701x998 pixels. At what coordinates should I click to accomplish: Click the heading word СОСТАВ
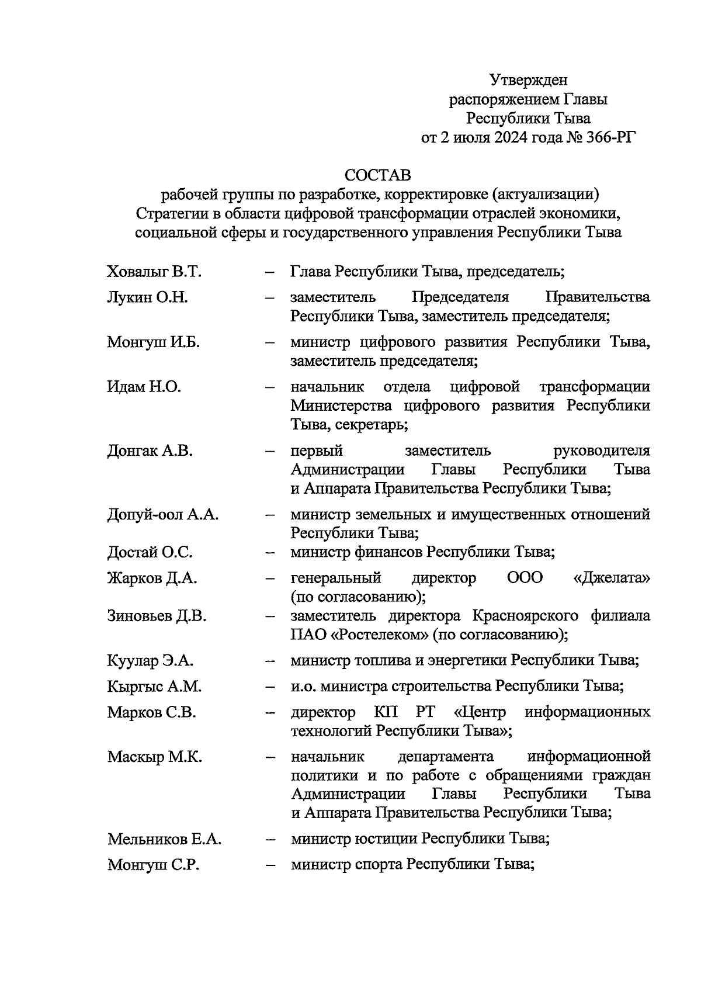[x=377, y=175]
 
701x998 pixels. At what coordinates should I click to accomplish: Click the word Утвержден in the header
[x=528, y=79]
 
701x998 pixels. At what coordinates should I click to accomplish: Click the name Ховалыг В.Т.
[x=154, y=272]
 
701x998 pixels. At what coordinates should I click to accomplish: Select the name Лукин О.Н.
[x=147, y=297]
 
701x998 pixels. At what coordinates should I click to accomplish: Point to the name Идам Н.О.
[x=144, y=387]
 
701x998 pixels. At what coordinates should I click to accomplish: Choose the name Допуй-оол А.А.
[x=163, y=515]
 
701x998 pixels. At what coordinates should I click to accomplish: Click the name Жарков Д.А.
[x=152, y=578]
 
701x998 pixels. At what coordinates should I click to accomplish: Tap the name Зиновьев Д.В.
[x=157, y=616]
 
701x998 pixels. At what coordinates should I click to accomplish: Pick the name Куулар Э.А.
[x=150, y=661]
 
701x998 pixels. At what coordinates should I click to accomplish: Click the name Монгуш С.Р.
[x=153, y=865]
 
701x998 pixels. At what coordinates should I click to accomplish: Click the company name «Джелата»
[x=612, y=578]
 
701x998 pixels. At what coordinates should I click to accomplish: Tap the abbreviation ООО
[x=525, y=578]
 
